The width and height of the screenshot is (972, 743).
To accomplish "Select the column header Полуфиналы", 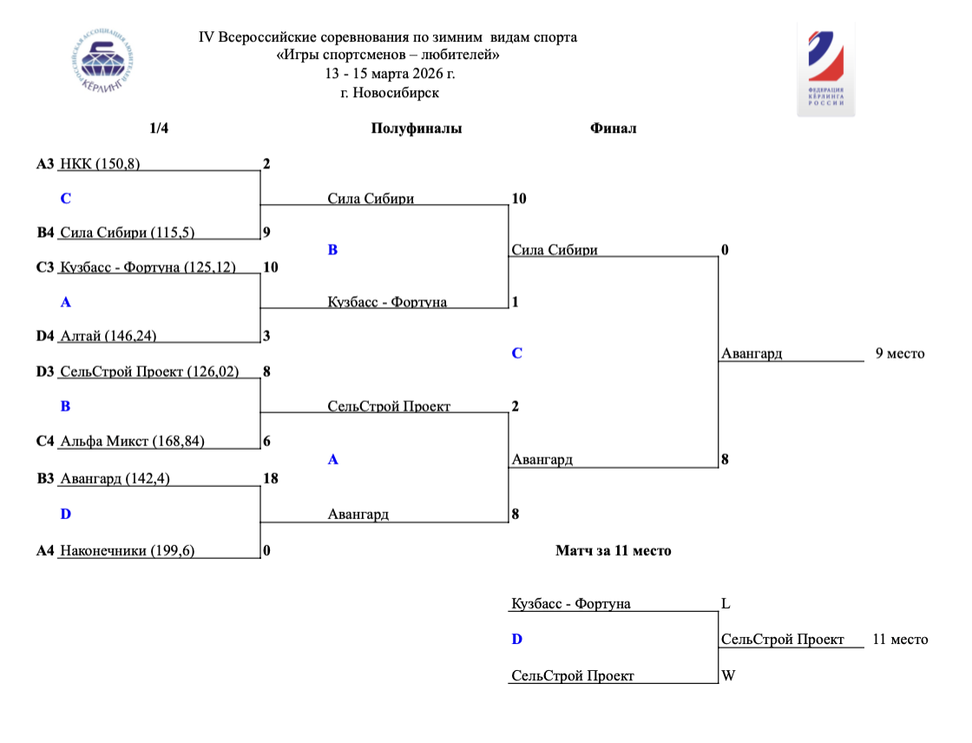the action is coord(417,128).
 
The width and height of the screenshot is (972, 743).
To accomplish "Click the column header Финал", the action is coord(614,128).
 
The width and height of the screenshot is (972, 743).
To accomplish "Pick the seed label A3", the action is coord(45,163).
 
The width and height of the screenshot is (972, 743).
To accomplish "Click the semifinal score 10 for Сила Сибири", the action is coord(519,199).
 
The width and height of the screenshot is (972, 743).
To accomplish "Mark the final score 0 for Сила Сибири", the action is coord(725,250).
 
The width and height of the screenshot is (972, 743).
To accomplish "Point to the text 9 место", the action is coord(900,353).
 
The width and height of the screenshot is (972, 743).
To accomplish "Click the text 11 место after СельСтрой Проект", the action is coord(900,640).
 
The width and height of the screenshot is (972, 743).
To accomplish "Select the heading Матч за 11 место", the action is coord(613,550).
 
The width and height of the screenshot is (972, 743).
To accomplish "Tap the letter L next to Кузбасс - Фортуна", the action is coord(726,603).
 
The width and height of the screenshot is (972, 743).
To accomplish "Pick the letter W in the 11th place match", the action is coord(728,675).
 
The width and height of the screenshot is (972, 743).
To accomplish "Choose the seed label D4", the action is coord(45,336).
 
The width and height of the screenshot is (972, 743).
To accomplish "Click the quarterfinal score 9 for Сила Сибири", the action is coord(266,233).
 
